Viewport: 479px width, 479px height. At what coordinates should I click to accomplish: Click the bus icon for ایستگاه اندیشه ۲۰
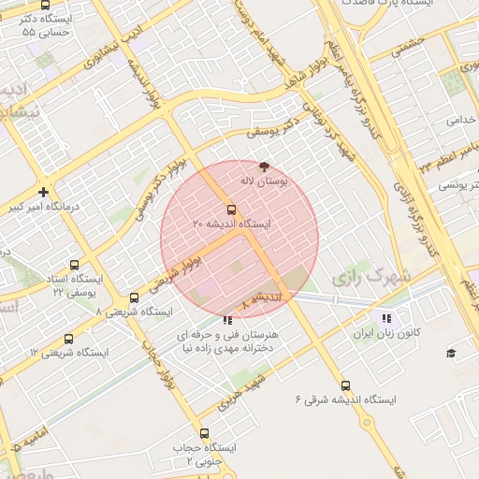coord(231,210)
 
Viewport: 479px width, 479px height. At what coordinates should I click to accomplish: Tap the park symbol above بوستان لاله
coord(264,166)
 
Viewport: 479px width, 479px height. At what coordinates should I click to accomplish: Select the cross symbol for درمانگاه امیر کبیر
coord(44,191)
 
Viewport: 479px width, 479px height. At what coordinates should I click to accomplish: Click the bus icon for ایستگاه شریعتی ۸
coord(135,298)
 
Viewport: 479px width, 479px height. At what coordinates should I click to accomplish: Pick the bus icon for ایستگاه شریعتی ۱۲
coord(68,339)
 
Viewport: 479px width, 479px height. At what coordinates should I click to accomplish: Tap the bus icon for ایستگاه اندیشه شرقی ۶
coord(345,385)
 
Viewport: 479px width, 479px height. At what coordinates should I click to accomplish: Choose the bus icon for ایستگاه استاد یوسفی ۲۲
coord(75,265)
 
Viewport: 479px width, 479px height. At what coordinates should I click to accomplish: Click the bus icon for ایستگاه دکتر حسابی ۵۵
coord(46,5)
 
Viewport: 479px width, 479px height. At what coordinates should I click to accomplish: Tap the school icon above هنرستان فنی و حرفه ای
coord(229,320)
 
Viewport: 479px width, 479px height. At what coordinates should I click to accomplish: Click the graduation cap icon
coord(451,353)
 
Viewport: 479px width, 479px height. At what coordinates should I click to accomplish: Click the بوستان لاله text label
coord(265,180)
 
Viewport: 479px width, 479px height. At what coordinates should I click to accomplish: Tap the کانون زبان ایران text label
coord(386,333)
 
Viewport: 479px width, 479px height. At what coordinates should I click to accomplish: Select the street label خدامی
coord(462,120)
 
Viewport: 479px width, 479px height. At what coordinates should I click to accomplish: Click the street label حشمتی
coord(410,45)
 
